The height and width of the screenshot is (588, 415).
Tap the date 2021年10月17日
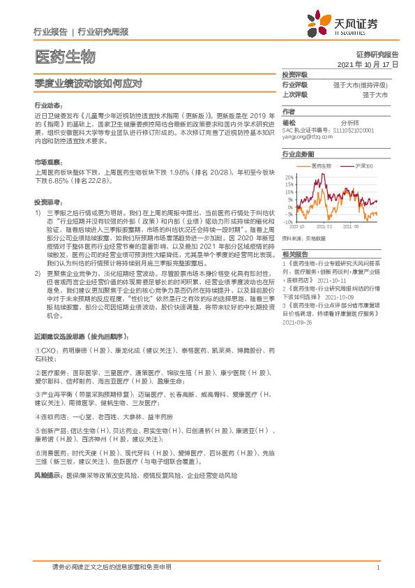pyautogui.click(x=368, y=64)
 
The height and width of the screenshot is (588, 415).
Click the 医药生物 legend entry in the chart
pyautogui.click(x=322, y=166)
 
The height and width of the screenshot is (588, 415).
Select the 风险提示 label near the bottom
pyautogui.click(x=47, y=474)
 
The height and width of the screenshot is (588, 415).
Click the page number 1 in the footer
pyautogui.click(x=377, y=568)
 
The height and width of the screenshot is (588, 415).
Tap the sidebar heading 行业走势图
pyautogui.click(x=298, y=153)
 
